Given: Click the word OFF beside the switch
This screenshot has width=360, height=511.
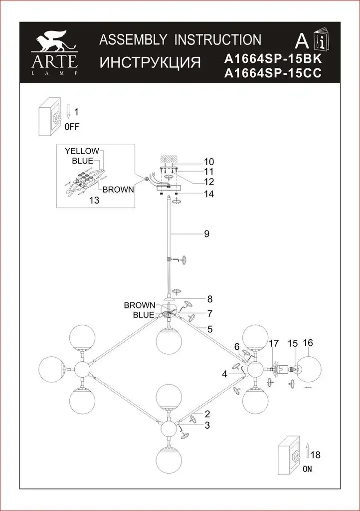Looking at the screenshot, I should coord(72,126).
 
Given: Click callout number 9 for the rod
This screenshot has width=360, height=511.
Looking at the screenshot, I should coord(206,233).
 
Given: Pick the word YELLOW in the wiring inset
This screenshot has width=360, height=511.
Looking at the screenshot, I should coord(82,151).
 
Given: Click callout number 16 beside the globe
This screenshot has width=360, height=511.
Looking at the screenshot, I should coord(308,343).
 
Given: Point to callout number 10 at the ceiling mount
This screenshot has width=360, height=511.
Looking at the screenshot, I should coord(208,161).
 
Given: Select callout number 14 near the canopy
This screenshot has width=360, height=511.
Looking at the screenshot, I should coord(208,194).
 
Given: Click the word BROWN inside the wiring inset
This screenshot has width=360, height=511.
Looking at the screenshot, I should coord(118,189).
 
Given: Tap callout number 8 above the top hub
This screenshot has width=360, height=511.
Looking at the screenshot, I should coord(210,299).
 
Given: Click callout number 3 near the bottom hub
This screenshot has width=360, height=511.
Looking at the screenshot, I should coord(207,425).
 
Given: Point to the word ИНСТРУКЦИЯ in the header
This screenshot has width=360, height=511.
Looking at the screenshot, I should coord(150,63).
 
